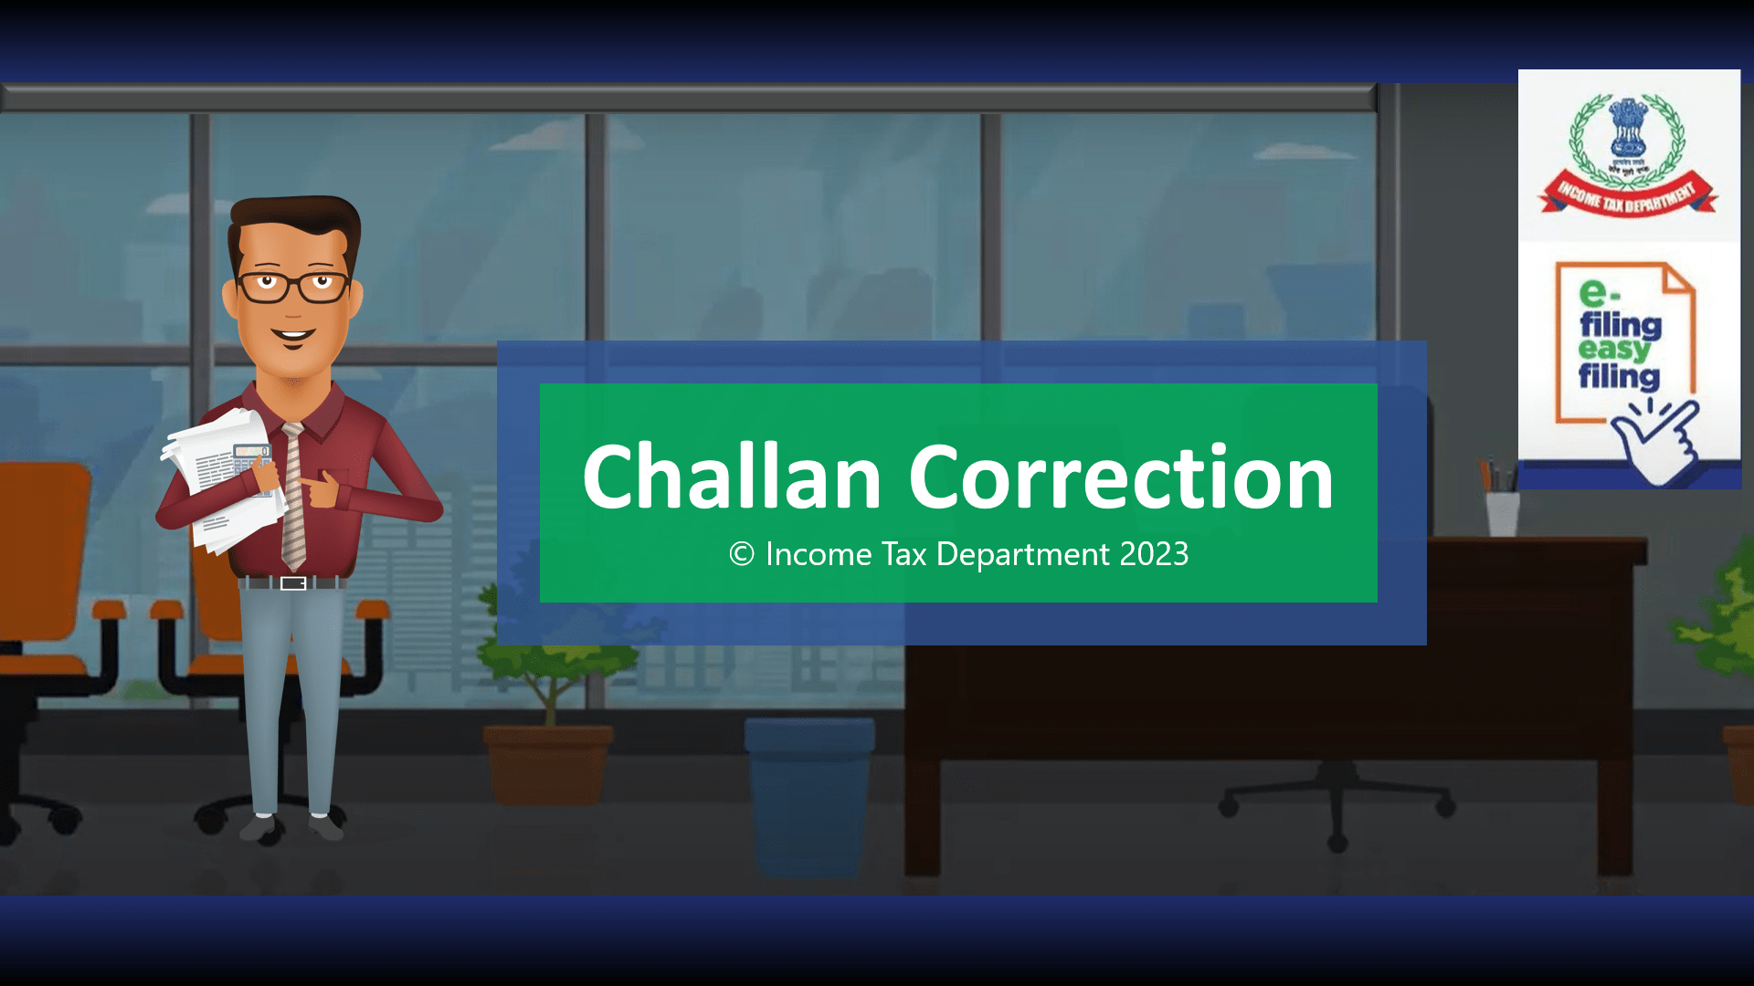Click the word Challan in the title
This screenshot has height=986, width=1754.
tap(732, 477)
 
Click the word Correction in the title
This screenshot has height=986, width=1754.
tap(1121, 477)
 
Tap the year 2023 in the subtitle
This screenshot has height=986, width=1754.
tap(1154, 554)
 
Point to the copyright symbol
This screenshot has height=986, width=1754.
tap(742, 554)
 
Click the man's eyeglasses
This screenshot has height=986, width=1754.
tap(293, 286)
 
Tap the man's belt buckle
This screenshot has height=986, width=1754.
tap(293, 583)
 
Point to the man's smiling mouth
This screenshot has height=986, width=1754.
tap(293, 335)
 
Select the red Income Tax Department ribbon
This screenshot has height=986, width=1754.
tap(1627, 196)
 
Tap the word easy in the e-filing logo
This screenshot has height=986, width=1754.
tap(1613, 350)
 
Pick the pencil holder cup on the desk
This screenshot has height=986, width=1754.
tap(1502, 513)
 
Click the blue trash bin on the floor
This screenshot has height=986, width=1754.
tap(808, 794)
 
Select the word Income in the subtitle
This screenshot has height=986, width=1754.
tap(819, 554)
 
